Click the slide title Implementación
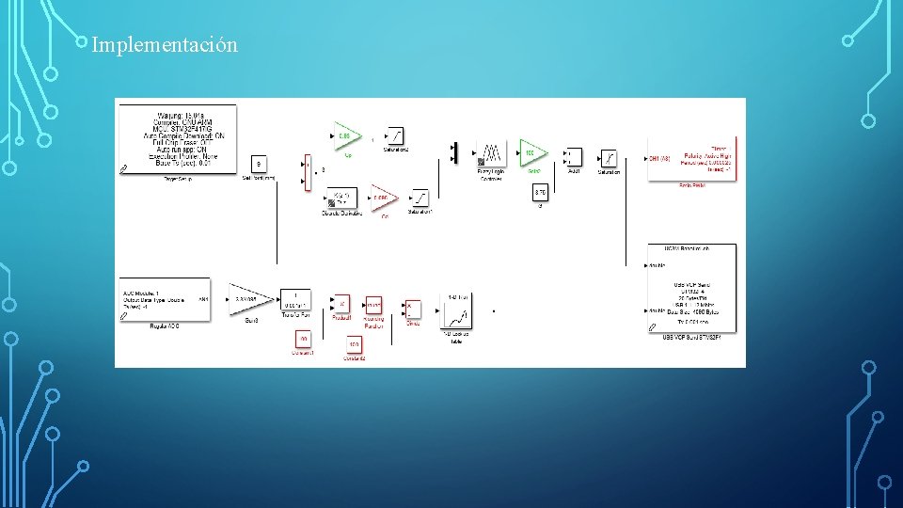(x=165, y=44)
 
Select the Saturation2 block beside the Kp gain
(x=395, y=135)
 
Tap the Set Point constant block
(x=261, y=163)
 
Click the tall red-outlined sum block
(x=307, y=172)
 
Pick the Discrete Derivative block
(x=340, y=199)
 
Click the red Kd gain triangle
(x=382, y=198)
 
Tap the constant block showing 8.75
(x=540, y=193)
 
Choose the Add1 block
(x=573, y=156)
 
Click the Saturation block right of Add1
(x=609, y=156)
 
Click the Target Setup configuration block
(x=178, y=138)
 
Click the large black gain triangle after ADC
(x=250, y=300)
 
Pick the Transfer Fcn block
(x=295, y=300)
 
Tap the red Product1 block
(x=341, y=304)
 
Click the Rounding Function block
(x=373, y=306)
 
